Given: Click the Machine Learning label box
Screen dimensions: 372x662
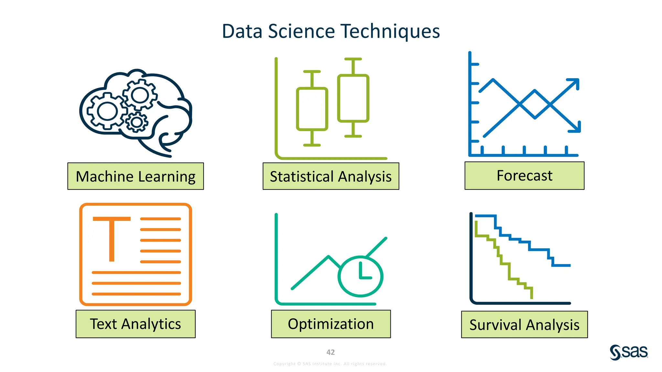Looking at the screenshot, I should click(x=135, y=176).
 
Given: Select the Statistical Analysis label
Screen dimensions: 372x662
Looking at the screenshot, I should click(x=331, y=176).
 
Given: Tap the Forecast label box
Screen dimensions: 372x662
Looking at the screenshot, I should click(x=524, y=176).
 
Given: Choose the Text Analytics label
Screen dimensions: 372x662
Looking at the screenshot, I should click(x=135, y=324).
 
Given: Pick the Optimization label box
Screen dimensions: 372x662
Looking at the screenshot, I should click(x=331, y=324).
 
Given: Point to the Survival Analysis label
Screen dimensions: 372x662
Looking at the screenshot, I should click(x=524, y=325).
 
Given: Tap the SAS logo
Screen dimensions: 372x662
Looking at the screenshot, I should click(x=629, y=352).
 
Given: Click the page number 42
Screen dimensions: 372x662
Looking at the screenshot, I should click(x=330, y=352).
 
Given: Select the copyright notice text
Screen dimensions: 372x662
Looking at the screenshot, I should click(x=330, y=364).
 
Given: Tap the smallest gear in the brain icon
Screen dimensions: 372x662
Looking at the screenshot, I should click(x=137, y=122).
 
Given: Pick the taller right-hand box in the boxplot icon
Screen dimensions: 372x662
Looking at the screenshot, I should click(x=353, y=98).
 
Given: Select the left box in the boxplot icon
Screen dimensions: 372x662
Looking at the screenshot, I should click(x=312, y=109).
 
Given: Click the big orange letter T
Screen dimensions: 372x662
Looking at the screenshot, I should click(x=112, y=237).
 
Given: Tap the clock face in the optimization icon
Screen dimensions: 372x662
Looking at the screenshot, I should click(x=360, y=276).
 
